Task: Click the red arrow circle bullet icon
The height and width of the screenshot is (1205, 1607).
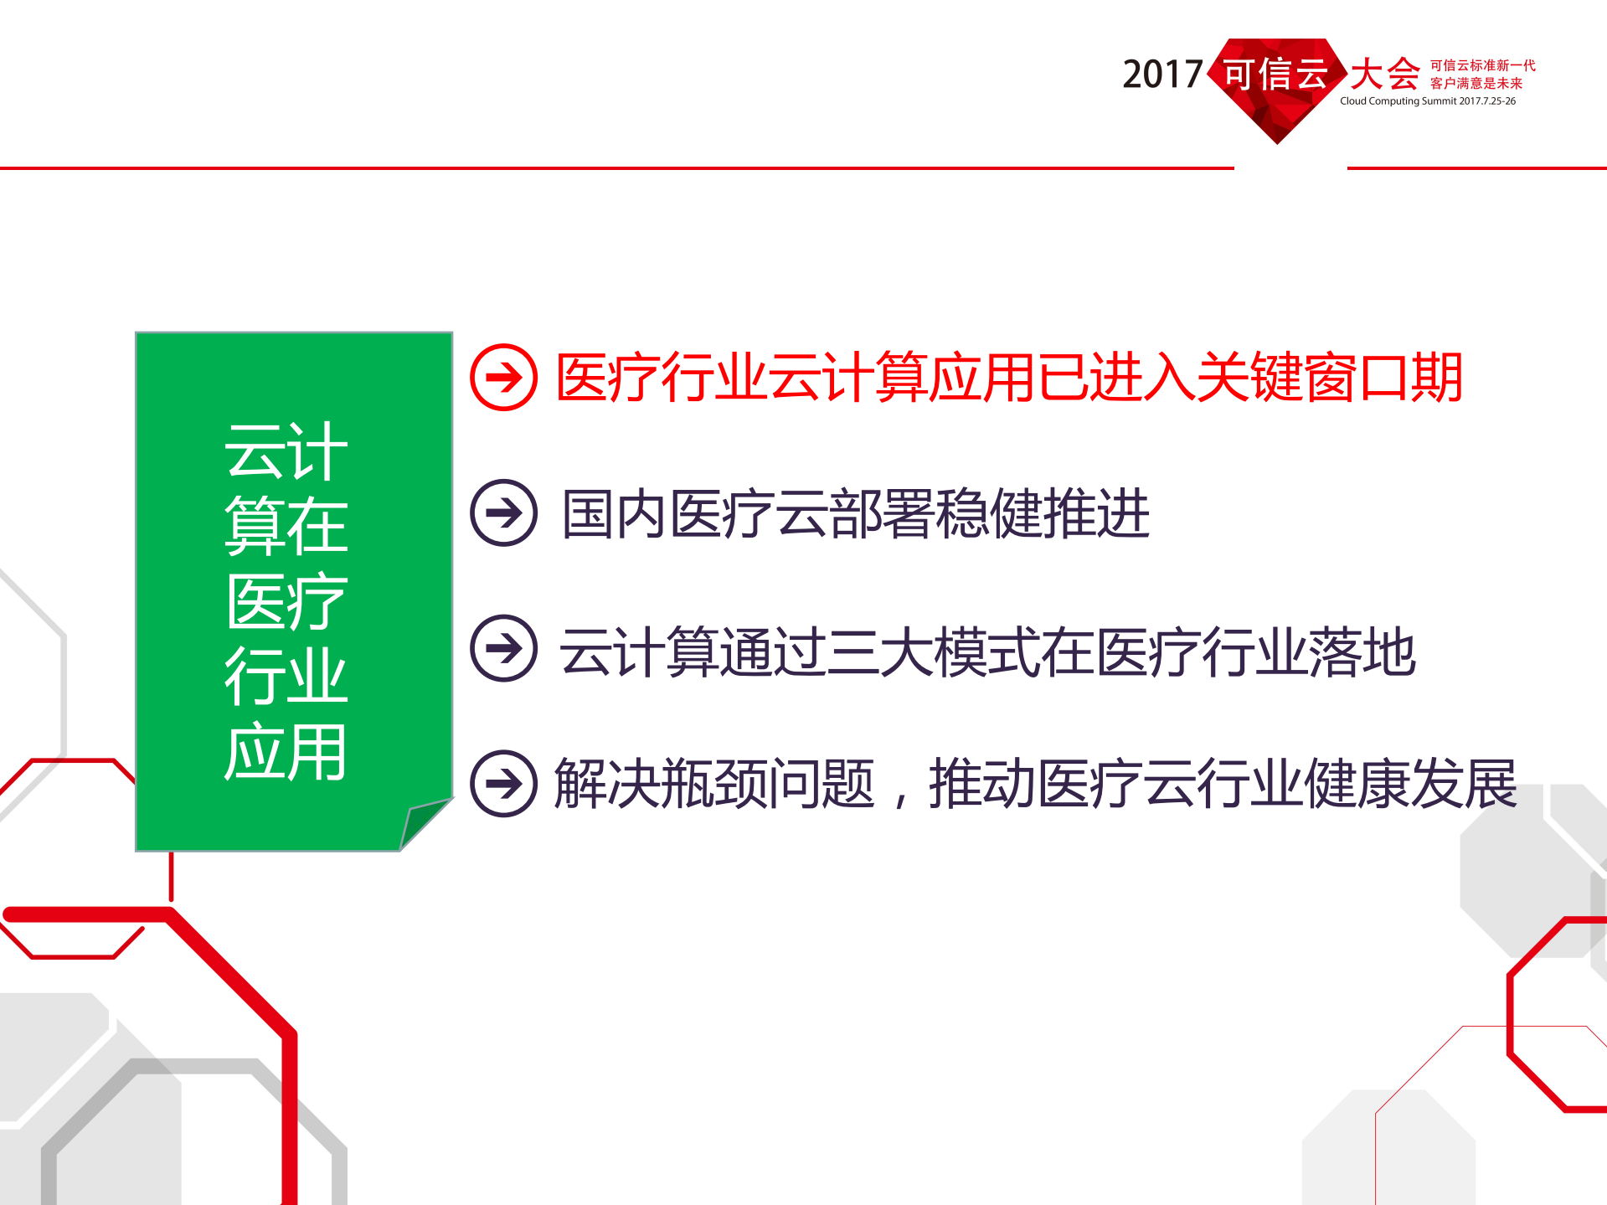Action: coord(503,378)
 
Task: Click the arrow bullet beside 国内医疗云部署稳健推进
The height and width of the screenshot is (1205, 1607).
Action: coord(503,512)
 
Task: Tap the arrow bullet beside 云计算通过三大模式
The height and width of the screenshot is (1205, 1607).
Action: coord(503,648)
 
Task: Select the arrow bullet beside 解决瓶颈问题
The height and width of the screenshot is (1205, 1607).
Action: coord(503,783)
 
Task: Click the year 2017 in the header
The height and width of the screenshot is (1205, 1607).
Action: coord(1161,75)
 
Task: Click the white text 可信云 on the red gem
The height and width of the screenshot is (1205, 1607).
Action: coord(1275,75)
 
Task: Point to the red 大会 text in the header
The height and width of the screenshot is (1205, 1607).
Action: coord(1384,75)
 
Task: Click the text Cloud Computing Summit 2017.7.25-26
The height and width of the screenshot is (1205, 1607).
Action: coord(1427,101)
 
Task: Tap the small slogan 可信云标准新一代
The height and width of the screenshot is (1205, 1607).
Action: coord(1482,65)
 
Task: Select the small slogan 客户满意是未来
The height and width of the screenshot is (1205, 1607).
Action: coord(1476,83)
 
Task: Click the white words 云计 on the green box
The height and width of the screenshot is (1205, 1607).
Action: coord(286,452)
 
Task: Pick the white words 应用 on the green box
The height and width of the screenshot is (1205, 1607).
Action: coord(286,752)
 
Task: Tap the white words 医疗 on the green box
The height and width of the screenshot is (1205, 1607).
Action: coord(286,601)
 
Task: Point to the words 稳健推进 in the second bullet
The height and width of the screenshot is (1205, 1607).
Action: coord(1043,513)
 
